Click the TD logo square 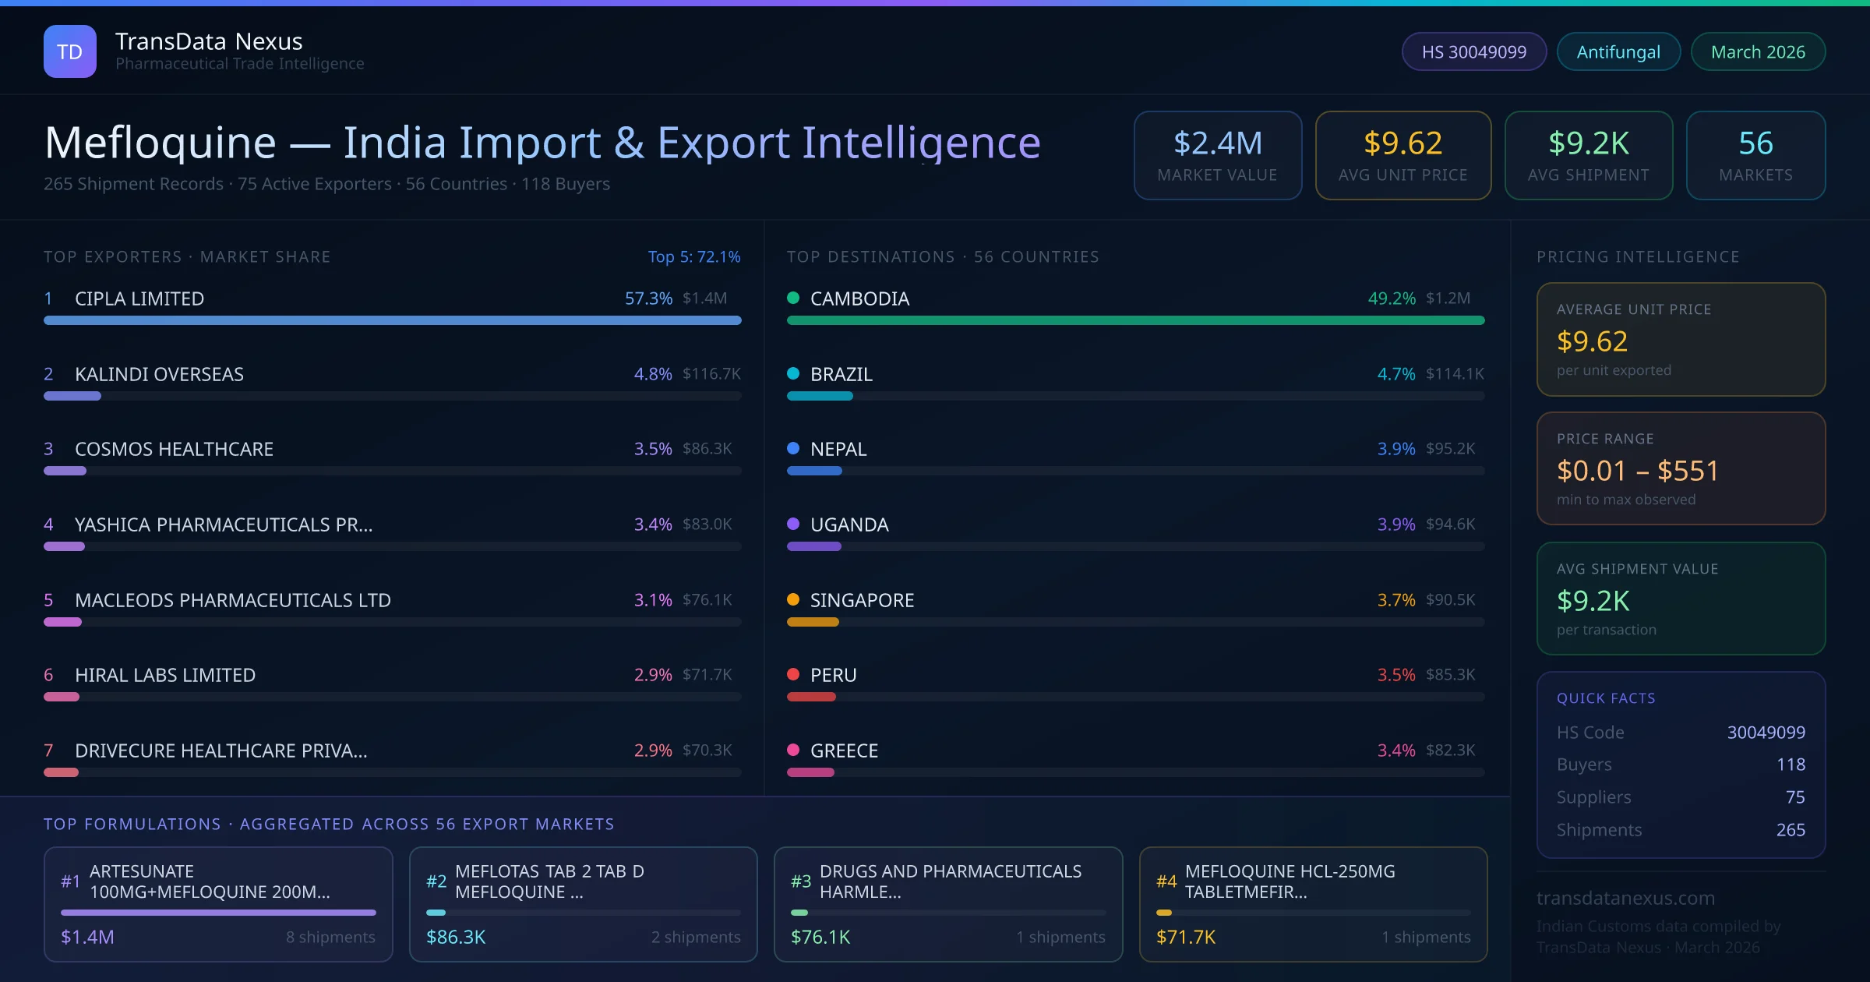(x=69, y=51)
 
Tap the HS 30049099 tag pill (x=1473, y=51)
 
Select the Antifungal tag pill (x=1618, y=51)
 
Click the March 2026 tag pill (x=1757, y=51)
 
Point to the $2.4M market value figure (x=1217, y=143)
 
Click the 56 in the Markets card (x=1755, y=143)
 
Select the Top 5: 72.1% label (x=693, y=256)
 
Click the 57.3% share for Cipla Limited (x=647, y=298)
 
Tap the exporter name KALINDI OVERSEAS (x=159, y=374)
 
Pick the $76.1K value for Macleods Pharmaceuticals (x=707, y=600)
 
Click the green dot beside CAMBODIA (x=793, y=298)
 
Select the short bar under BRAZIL (x=820, y=396)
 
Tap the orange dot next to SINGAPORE (x=793, y=599)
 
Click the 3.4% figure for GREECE (x=1395, y=751)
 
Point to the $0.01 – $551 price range (x=1637, y=471)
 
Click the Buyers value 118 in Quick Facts (x=1790, y=765)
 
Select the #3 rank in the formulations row (x=800, y=881)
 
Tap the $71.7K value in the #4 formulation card (x=1185, y=937)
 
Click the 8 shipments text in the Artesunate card (x=330, y=937)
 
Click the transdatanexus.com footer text (x=1625, y=898)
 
